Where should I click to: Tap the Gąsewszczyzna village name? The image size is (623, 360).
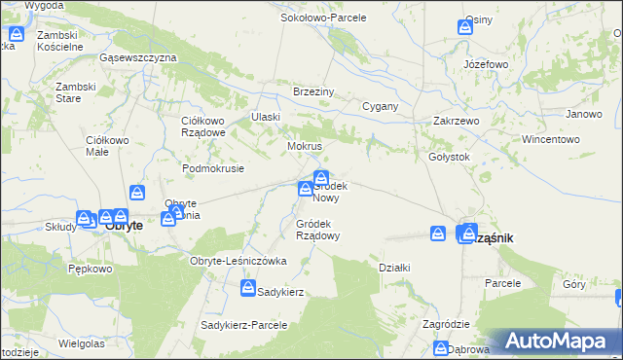pos(137,57)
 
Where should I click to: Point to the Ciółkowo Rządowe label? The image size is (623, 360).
pos(203,126)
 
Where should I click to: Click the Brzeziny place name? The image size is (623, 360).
pos(314,91)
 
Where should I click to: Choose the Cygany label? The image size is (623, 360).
pos(380,106)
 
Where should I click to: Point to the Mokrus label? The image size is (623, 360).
pos(304,146)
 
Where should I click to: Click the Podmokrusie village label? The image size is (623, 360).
pos(212,167)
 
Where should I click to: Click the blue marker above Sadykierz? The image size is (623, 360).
pos(249,288)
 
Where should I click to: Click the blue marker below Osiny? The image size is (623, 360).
pos(466,28)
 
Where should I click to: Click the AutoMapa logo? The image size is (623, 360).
pos(557,341)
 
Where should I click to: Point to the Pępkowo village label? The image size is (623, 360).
pos(91,269)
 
